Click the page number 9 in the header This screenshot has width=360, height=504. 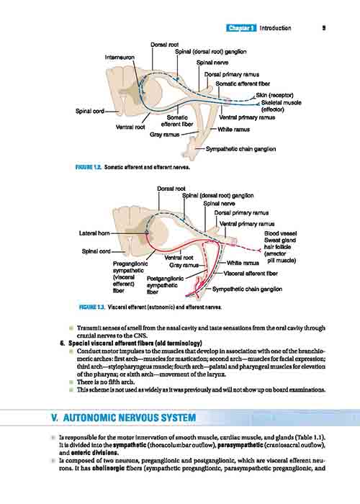pyautogui.click(x=324, y=28)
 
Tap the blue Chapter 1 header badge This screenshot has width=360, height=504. pyautogui.click(x=241, y=28)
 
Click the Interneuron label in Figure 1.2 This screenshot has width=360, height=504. pyautogui.click(x=120, y=57)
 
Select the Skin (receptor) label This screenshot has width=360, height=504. pyautogui.click(x=274, y=95)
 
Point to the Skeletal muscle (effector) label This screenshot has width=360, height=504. pyautogui.click(x=282, y=106)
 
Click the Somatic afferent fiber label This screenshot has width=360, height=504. pyautogui.click(x=243, y=84)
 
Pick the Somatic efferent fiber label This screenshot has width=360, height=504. pyautogui.click(x=177, y=121)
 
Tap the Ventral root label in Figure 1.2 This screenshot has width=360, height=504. pyautogui.click(x=130, y=127)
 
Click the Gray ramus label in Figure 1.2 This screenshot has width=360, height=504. pyautogui.click(x=165, y=135)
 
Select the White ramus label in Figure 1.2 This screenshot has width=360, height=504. pyautogui.click(x=234, y=130)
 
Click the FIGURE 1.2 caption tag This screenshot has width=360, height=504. pyautogui.click(x=89, y=167)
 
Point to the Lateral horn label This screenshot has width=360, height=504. pyautogui.click(x=94, y=233)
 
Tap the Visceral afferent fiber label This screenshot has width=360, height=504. pyautogui.click(x=251, y=274)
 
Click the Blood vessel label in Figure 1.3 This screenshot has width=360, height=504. pyautogui.click(x=281, y=234)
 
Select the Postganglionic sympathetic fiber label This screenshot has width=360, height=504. pyautogui.click(x=165, y=285)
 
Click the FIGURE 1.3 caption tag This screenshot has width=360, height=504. pyautogui.click(x=92, y=307)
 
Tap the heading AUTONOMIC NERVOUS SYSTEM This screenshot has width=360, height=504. pyautogui.click(x=130, y=418)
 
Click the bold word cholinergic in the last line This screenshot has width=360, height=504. pyautogui.click(x=108, y=468)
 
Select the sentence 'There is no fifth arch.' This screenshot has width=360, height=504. pyautogui.click(x=106, y=382)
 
